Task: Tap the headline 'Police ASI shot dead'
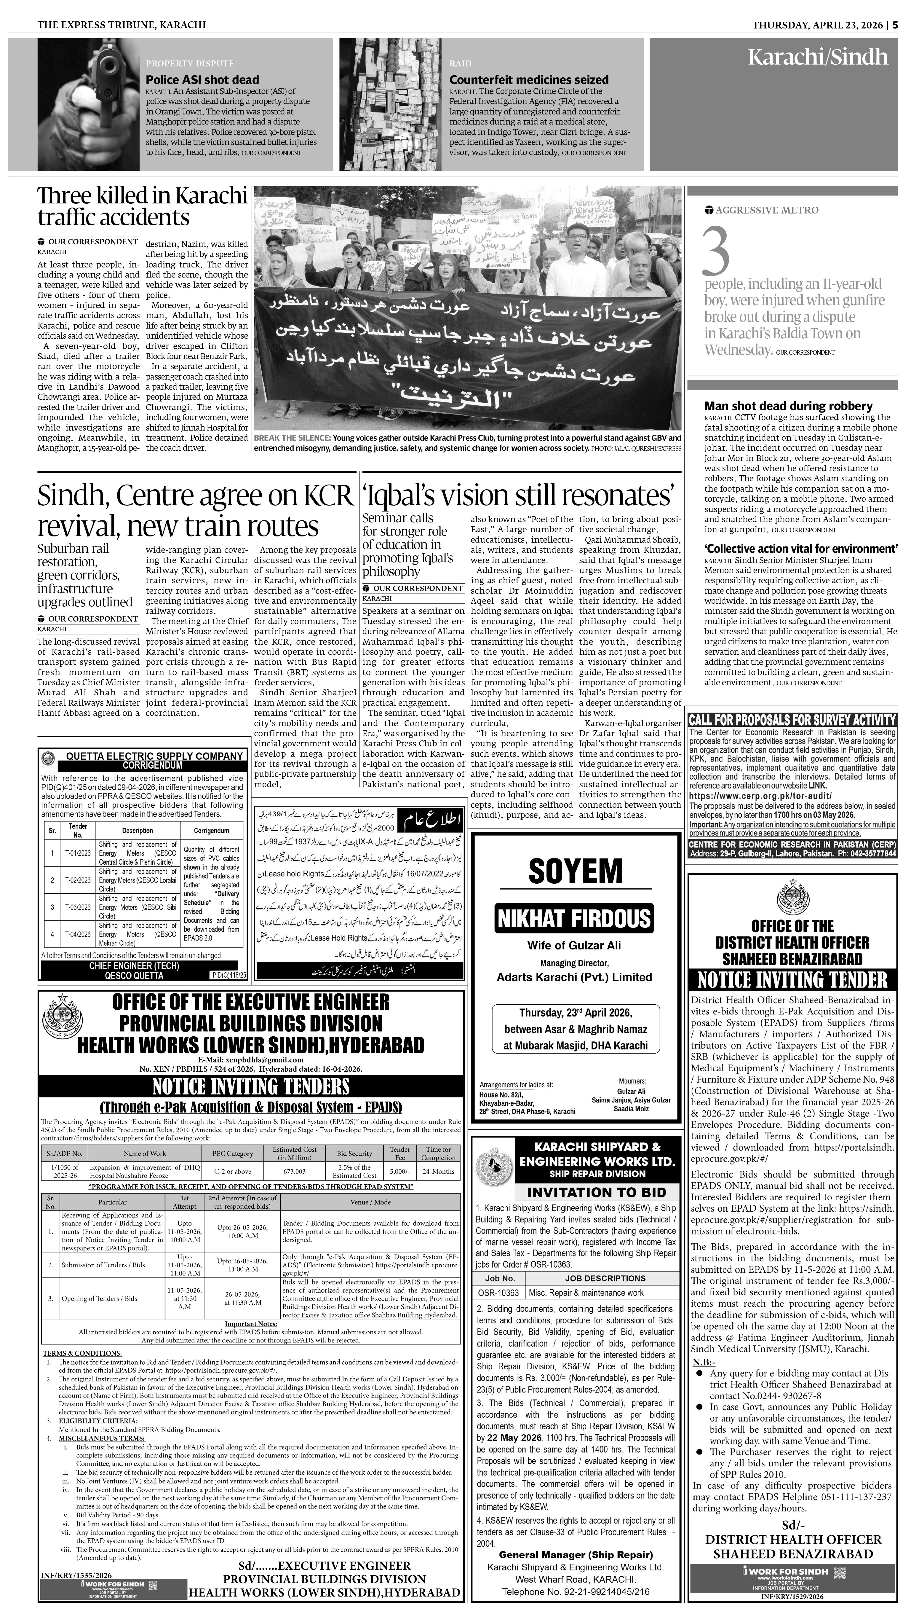(202, 79)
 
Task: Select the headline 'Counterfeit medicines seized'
(528, 79)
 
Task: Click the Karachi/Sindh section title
(817, 58)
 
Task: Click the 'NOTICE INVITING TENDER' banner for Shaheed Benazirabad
(792, 980)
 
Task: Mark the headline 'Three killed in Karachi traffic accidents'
(142, 206)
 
